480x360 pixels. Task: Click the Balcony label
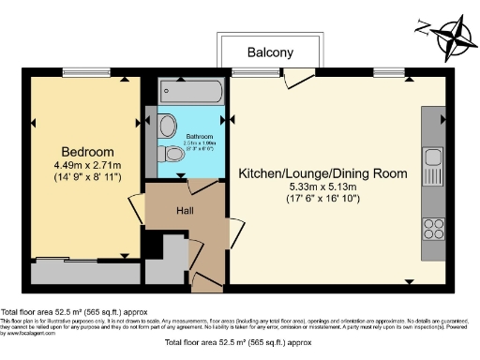pos(271,53)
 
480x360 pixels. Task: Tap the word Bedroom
pos(87,152)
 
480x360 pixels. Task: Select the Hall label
pos(187,211)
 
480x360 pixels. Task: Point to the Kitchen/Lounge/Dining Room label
pos(322,173)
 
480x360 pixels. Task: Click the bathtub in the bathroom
pos(192,92)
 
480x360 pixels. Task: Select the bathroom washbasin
pos(167,125)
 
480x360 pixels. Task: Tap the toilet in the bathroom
pos(172,154)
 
